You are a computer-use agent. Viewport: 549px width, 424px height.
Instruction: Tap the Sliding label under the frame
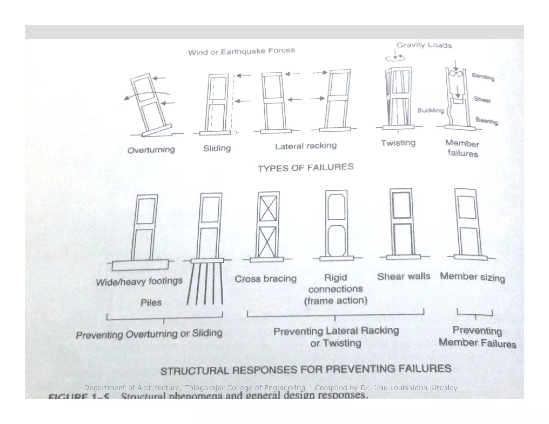[x=217, y=148]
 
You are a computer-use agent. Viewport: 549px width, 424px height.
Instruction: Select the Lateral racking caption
[x=306, y=146]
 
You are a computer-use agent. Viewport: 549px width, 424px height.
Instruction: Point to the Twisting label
[x=398, y=143]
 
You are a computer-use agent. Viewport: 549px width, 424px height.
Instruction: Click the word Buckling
[x=430, y=110]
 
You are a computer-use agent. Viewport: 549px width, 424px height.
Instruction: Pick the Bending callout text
[x=483, y=77]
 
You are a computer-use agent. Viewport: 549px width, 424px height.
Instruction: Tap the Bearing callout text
[x=487, y=121]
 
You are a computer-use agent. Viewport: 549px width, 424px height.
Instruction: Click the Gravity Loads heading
[x=424, y=45]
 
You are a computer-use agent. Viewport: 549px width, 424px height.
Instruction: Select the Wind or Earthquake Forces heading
[x=241, y=51]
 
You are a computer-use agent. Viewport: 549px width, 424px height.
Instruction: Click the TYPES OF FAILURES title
[x=306, y=168]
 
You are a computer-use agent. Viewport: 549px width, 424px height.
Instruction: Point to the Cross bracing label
[x=265, y=279]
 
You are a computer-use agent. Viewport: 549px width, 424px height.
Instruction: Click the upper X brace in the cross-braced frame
[x=268, y=208]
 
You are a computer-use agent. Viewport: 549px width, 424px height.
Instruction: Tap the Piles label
[x=151, y=303]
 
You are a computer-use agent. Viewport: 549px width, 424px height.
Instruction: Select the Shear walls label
[x=403, y=276]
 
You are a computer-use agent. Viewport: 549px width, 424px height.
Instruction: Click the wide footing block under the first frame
[x=140, y=265]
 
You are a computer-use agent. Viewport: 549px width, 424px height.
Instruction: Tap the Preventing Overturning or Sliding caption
[x=149, y=334]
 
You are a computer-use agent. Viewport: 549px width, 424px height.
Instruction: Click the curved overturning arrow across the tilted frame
[x=146, y=95]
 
